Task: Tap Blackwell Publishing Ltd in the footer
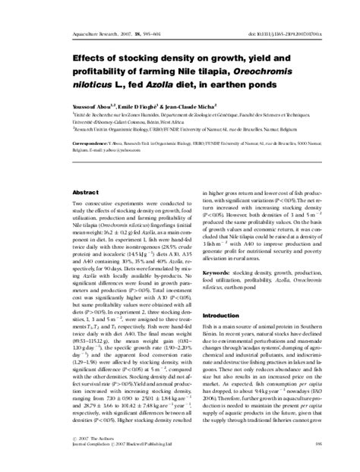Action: click(141, 465)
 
